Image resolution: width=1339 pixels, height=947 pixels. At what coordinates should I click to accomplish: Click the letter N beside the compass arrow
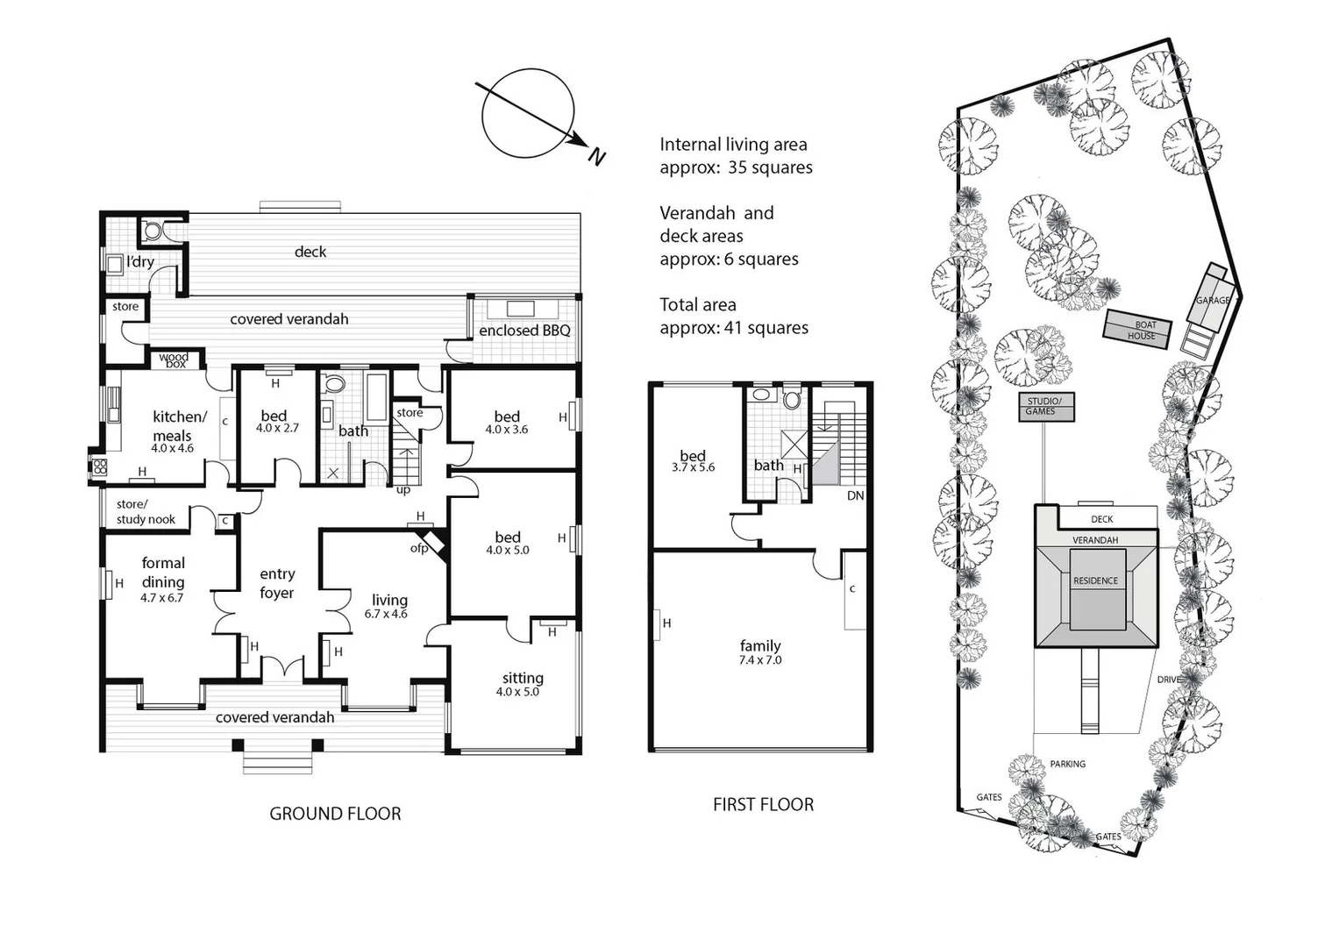[x=597, y=157]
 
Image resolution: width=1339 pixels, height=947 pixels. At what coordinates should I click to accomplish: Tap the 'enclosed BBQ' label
[x=524, y=331]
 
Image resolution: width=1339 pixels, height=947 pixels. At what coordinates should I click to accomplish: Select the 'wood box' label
[x=174, y=360]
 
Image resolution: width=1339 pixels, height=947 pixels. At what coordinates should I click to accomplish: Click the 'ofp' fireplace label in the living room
[x=419, y=548]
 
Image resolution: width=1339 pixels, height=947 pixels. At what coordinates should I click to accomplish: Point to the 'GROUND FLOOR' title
[x=335, y=814]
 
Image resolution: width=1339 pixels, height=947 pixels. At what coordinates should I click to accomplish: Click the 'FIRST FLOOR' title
[x=763, y=804]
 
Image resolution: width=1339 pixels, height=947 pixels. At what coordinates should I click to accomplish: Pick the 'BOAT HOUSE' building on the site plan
[x=1140, y=330]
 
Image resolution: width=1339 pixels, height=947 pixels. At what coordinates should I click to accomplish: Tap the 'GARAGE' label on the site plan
[x=1213, y=300]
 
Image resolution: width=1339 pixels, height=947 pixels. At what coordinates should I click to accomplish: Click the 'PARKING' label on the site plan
[x=1067, y=764]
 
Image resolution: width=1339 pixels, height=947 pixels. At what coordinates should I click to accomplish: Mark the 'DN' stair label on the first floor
[x=855, y=495]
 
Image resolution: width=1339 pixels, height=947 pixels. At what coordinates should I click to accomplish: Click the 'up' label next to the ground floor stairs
[x=403, y=489]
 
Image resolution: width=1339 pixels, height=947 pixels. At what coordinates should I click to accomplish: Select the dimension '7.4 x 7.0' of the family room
[x=760, y=660]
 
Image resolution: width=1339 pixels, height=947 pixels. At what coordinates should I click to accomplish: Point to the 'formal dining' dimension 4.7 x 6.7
[x=162, y=597]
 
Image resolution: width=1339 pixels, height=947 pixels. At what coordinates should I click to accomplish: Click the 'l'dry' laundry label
[x=140, y=261]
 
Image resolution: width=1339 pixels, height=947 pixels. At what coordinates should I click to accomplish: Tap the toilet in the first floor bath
[x=793, y=400]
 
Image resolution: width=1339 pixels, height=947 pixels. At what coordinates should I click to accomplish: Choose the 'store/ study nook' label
[x=146, y=512]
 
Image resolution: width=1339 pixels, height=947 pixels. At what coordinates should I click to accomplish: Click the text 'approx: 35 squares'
[x=736, y=167]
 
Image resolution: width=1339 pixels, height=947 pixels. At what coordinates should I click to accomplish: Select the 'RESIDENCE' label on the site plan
[x=1095, y=580]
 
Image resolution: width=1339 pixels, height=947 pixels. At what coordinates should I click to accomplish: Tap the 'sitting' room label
[x=523, y=678]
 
